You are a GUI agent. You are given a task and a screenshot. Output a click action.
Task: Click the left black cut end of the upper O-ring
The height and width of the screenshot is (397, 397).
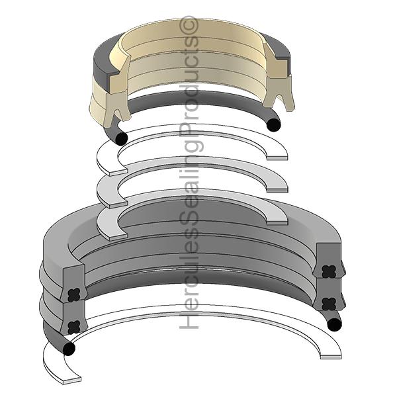[x=120, y=138]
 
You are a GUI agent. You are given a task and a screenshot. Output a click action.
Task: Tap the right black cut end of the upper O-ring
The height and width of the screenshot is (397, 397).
[x=272, y=124]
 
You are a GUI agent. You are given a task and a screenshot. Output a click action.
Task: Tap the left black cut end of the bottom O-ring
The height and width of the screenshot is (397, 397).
[x=67, y=349]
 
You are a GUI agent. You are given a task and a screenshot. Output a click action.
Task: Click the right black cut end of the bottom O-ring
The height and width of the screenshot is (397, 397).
[x=334, y=324]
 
